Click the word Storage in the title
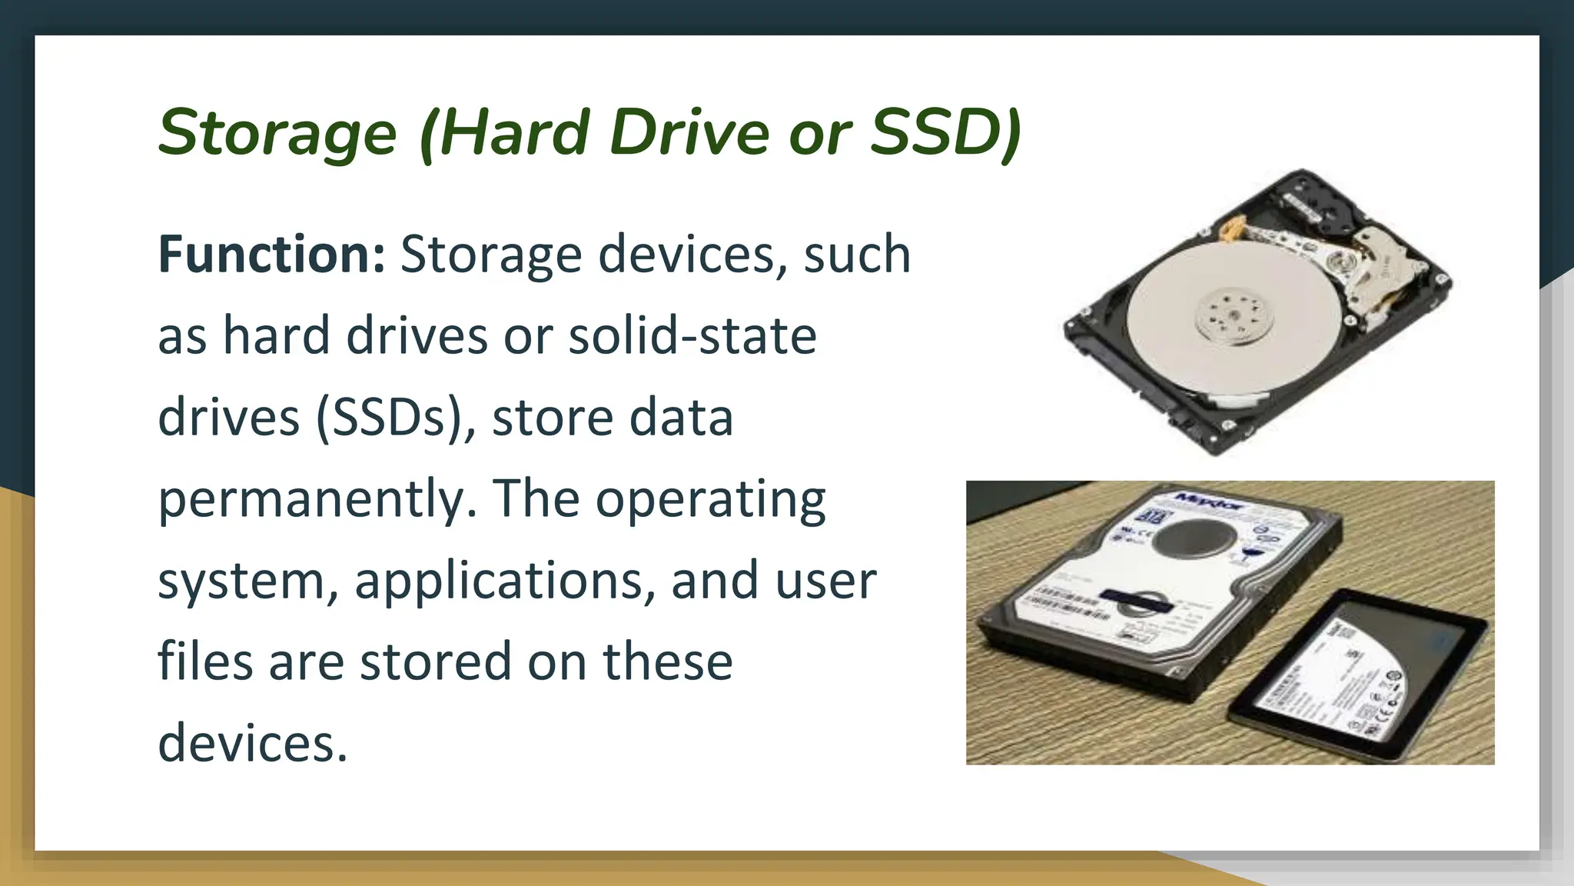(x=277, y=132)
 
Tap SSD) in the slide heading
(x=945, y=132)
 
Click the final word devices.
(x=253, y=743)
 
